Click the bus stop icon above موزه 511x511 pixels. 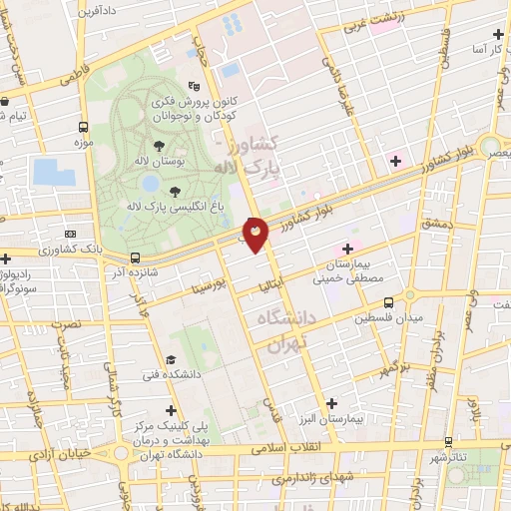tap(84, 128)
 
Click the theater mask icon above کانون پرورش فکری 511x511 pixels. tap(195, 87)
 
